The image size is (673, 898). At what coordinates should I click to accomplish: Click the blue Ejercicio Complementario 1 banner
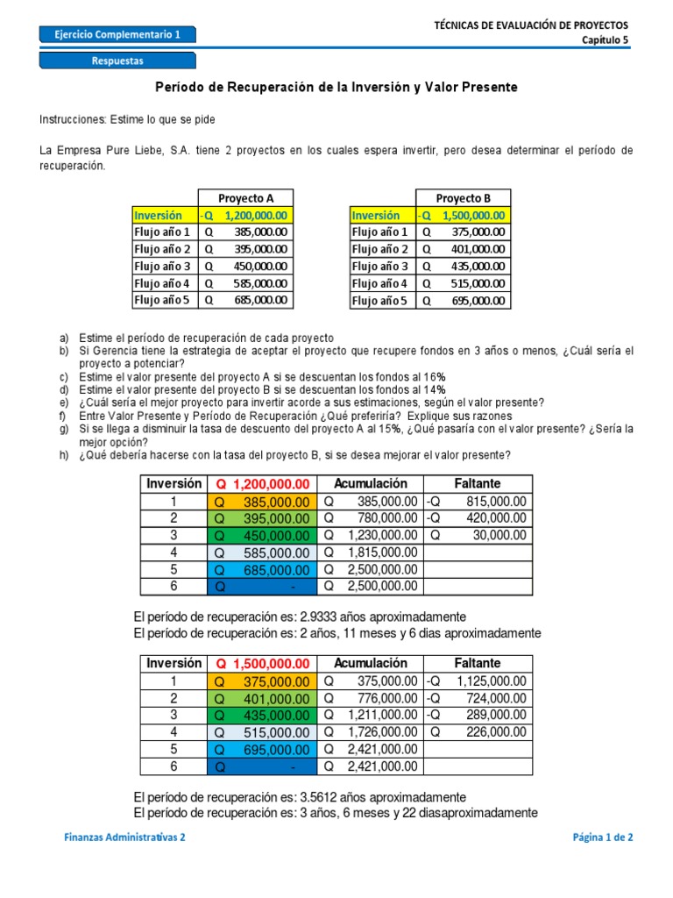point(117,35)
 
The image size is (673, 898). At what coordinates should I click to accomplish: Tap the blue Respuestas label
point(117,61)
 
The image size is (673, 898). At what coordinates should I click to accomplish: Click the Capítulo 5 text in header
point(606,40)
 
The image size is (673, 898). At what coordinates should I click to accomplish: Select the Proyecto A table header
point(244,197)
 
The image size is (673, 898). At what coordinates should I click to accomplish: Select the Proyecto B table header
point(463,197)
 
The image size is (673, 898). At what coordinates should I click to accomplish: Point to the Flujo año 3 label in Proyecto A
point(164,266)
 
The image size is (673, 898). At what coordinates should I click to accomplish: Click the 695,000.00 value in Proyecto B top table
point(473,300)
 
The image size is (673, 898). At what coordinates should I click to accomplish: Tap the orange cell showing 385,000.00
point(262,502)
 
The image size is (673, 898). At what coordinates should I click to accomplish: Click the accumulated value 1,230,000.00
point(381,535)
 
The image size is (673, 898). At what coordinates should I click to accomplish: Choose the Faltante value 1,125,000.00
point(491,681)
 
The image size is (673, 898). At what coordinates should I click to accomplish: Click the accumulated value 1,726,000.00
point(381,731)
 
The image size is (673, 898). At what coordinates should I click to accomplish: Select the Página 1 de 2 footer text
point(602,837)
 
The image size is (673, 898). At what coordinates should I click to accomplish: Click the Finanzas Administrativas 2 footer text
point(125,837)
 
